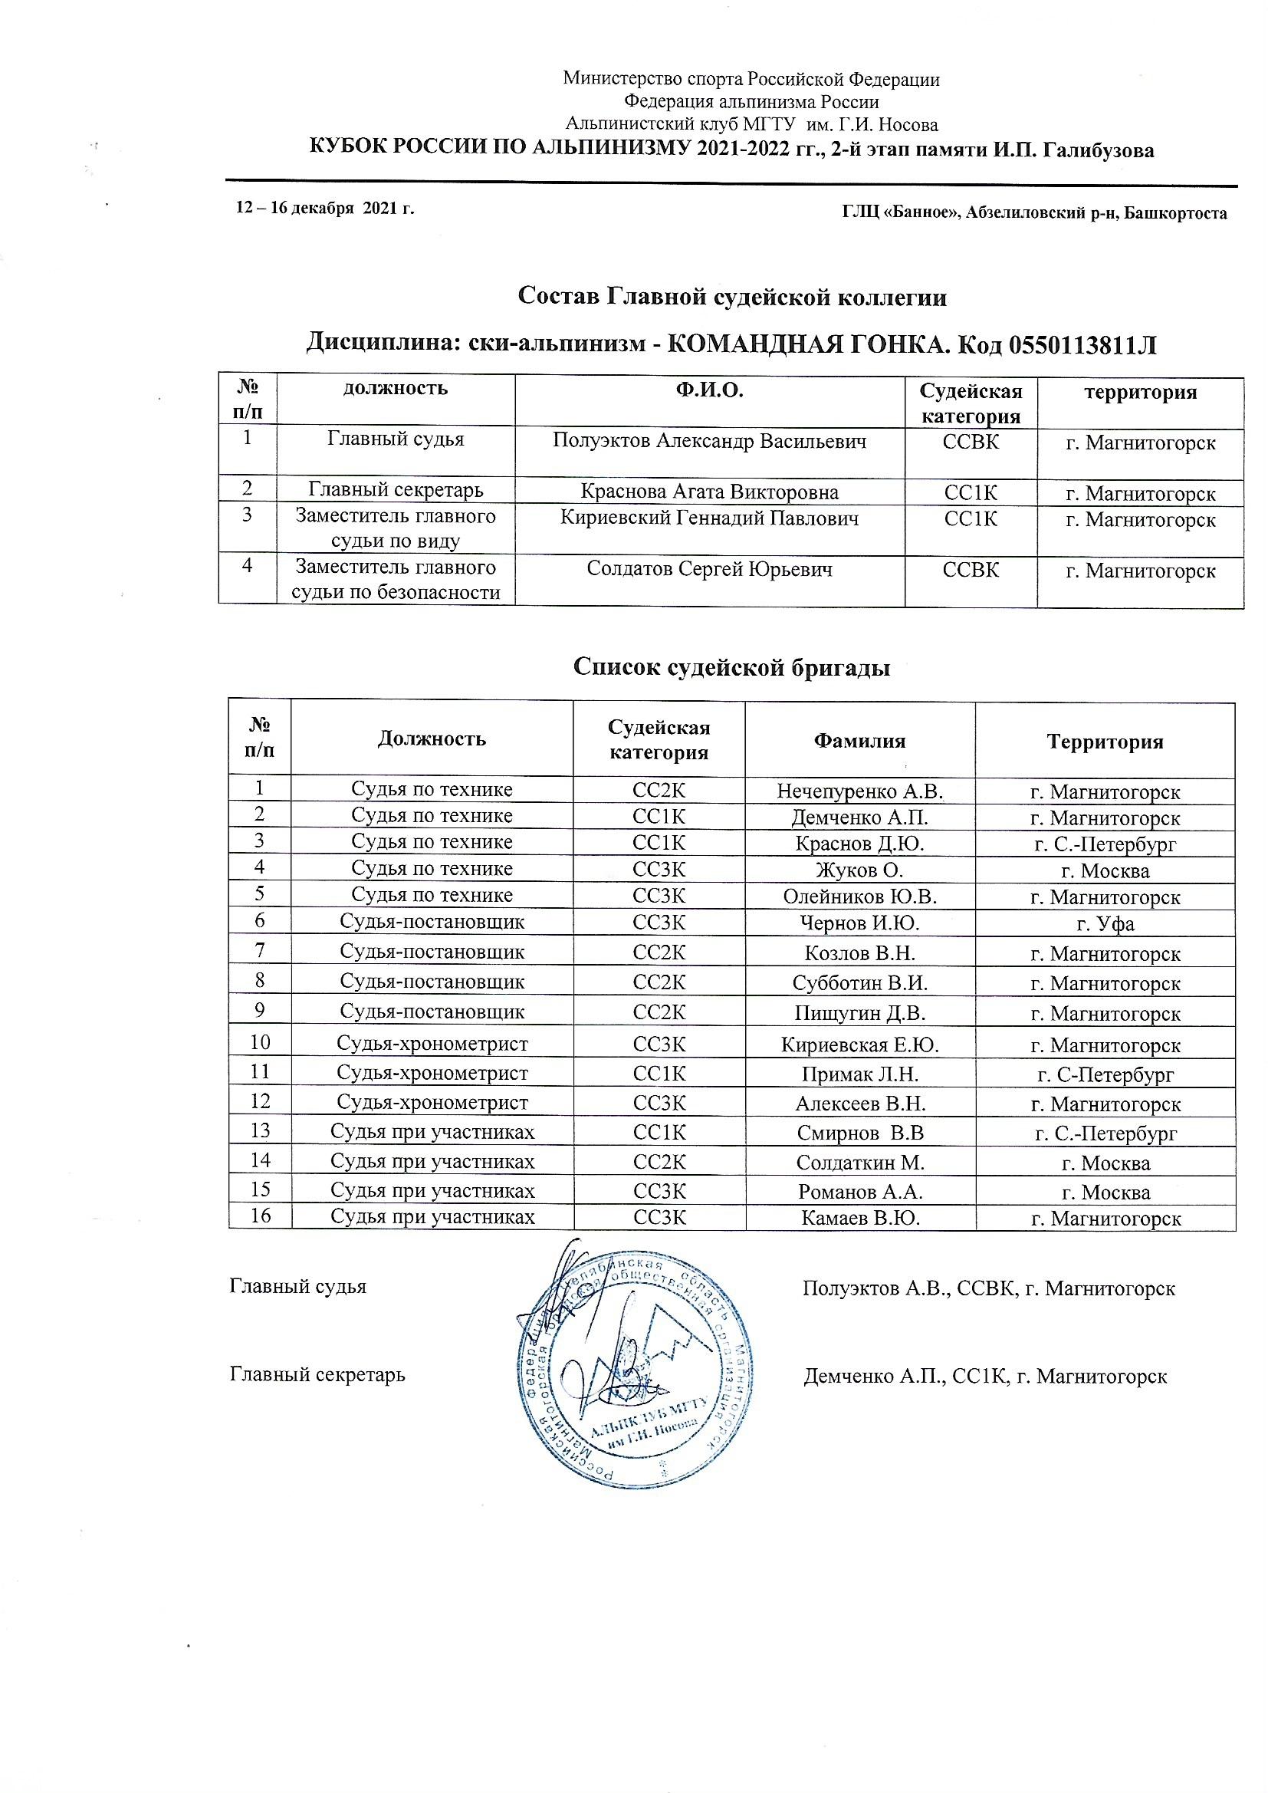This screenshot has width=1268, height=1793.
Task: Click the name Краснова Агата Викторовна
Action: pyautogui.click(x=709, y=492)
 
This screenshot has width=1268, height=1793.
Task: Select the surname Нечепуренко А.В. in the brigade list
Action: pyautogui.click(x=859, y=792)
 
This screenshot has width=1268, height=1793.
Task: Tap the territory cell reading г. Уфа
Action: pyautogui.click(x=1105, y=924)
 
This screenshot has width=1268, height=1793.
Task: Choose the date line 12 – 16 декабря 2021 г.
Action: pyautogui.click(x=325, y=209)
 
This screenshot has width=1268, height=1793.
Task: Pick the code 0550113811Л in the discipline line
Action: pyautogui.click(x=1082, y=344)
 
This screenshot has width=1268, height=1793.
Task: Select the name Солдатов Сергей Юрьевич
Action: pyautogui.click(x=709, y=569)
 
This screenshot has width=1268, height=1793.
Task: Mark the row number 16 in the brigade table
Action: pyautogui.click(x=260, y=1216)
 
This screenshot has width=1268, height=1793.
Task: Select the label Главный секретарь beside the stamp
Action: pyautogui.click(x=317, y=1374)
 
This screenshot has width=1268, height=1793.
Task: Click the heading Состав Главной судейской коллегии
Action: pyautogui.click(x=731, y=298)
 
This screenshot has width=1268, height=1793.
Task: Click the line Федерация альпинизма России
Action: pyautogui.click(x=751, y=101)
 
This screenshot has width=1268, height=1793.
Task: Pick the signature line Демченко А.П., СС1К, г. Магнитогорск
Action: pyautogui.click(x=984, y=1376)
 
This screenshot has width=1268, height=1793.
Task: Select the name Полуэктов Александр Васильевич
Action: pyautogui.click(x=709, y=441)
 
